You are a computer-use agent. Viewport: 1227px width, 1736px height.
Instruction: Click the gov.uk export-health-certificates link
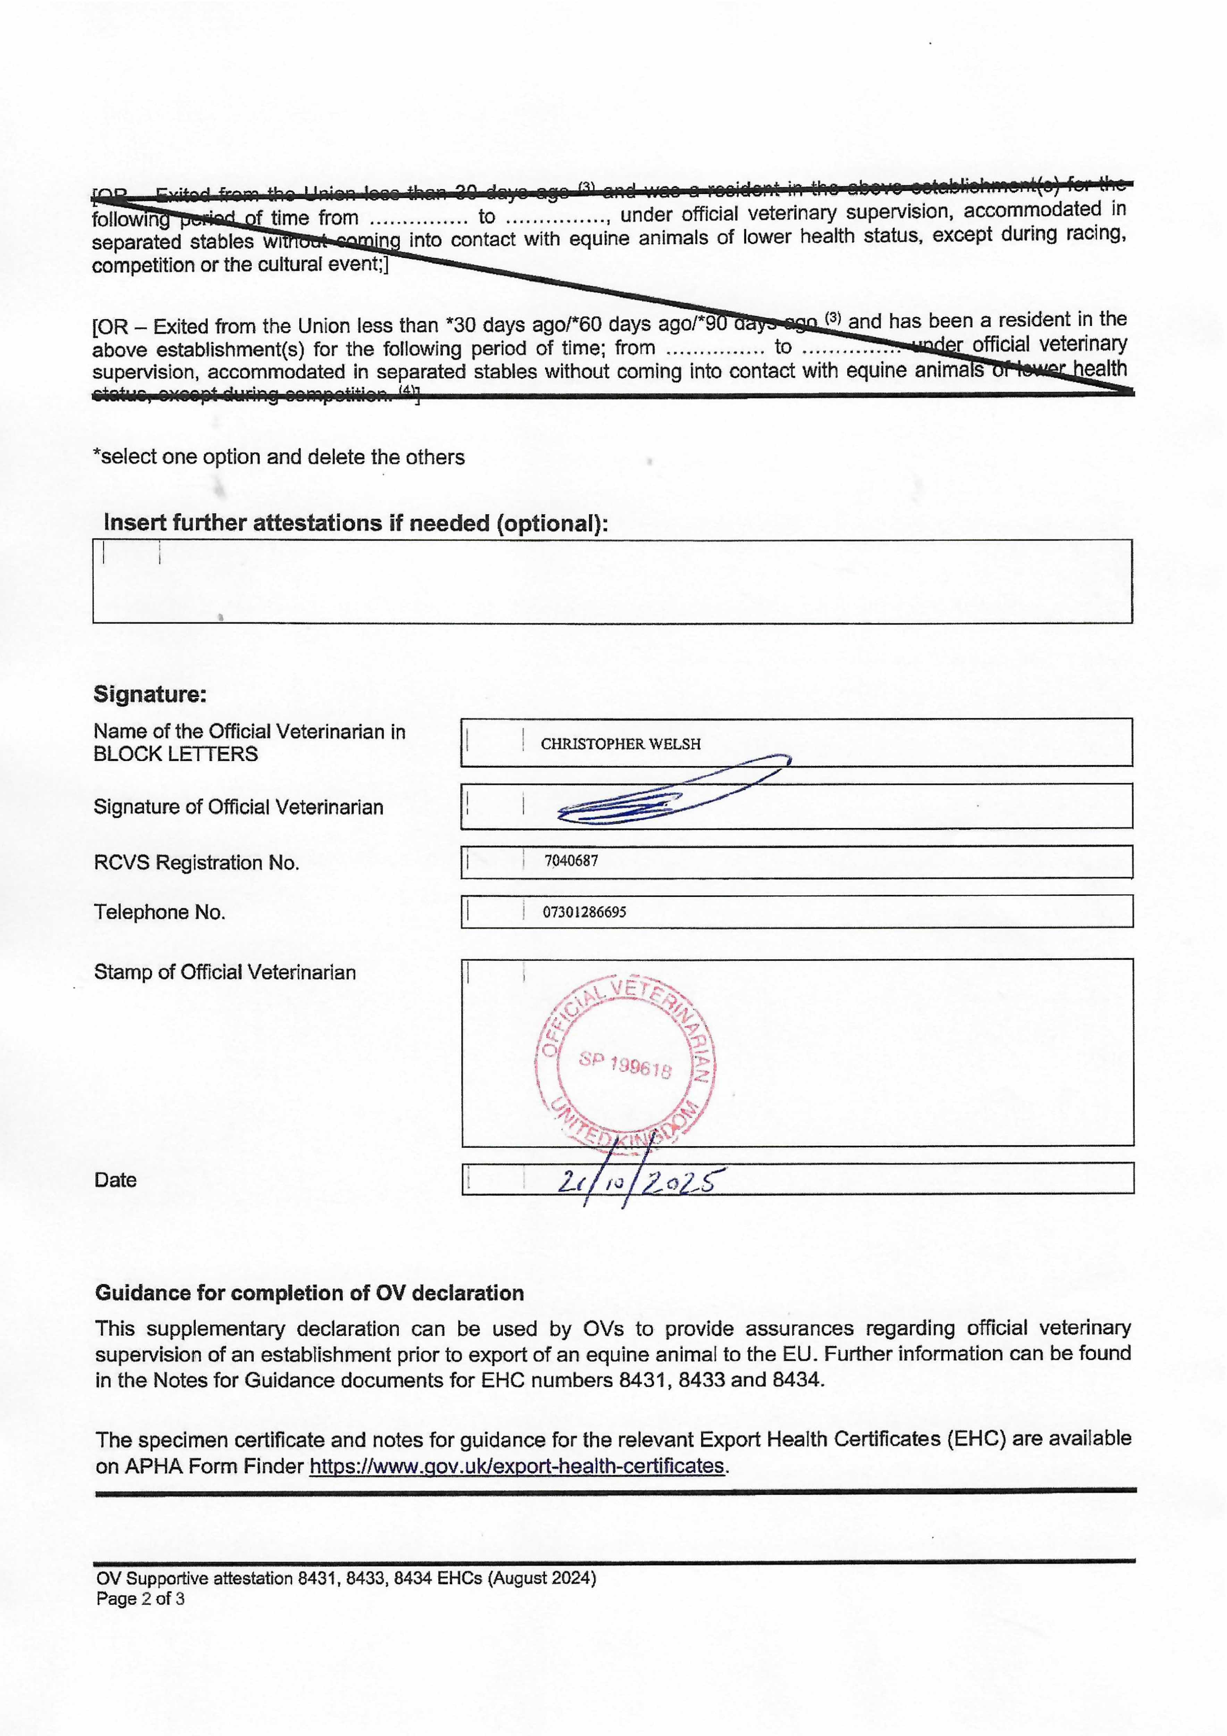[517, 1466]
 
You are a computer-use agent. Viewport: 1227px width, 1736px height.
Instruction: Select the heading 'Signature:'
[150, 694]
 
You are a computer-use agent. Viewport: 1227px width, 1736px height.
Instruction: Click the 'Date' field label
[116, 1180]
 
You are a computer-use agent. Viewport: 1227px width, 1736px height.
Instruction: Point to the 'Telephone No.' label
[160, 912]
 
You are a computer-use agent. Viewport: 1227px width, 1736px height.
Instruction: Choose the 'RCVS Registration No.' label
[196, 863]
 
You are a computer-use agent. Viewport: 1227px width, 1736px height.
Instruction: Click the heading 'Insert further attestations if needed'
[355, 523]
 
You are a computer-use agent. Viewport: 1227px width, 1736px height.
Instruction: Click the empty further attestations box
[612, 581]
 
